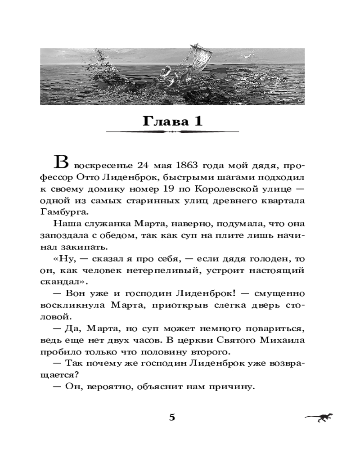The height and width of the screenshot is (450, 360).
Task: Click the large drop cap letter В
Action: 62,162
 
